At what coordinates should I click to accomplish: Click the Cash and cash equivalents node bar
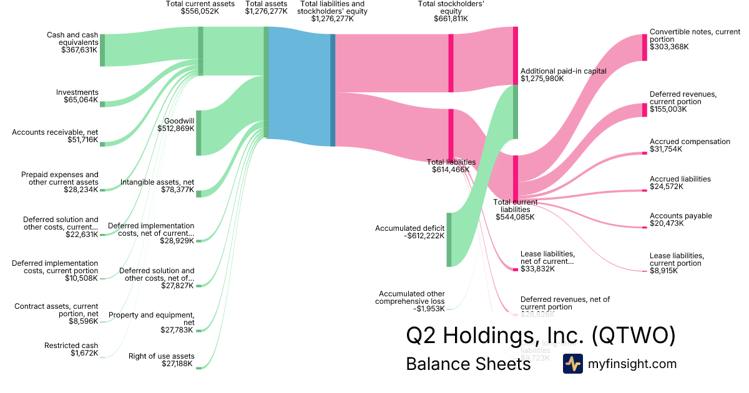[x=102, y=50]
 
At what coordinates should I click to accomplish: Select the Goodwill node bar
[x=198, y=132]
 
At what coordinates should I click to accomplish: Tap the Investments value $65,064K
[x=80, y=100]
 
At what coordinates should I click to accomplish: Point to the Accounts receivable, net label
[x=55, y=132]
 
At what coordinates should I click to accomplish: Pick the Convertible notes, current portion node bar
[x=645, y=47]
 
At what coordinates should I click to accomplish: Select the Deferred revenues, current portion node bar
[x=645, y=110]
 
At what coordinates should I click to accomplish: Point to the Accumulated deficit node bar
[x=449, y=240]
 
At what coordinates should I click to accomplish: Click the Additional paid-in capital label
[x=564, y=71]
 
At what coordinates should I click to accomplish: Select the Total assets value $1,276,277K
[x=266, y=11]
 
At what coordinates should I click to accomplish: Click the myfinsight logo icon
[x=573, y=364]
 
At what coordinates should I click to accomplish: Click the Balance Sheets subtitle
[x=468, y=364]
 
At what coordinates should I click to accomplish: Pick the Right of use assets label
[x=161, y=356]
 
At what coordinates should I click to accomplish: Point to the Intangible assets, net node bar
[x=198, y=193]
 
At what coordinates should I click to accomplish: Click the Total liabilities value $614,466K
[x=450, y=169]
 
